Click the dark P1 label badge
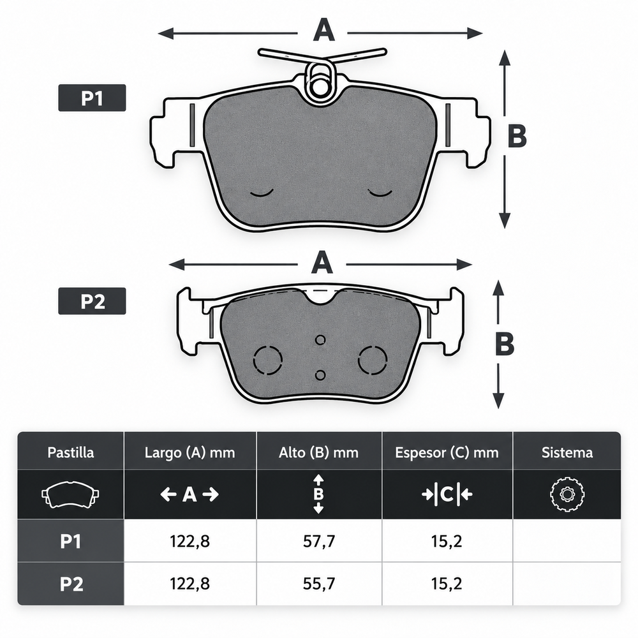92,98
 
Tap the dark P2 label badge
92,301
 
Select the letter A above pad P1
324,31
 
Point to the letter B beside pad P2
505,344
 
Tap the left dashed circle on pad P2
268,360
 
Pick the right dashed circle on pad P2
373,360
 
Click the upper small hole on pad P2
321,340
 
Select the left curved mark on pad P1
262,193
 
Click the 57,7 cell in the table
319,541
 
